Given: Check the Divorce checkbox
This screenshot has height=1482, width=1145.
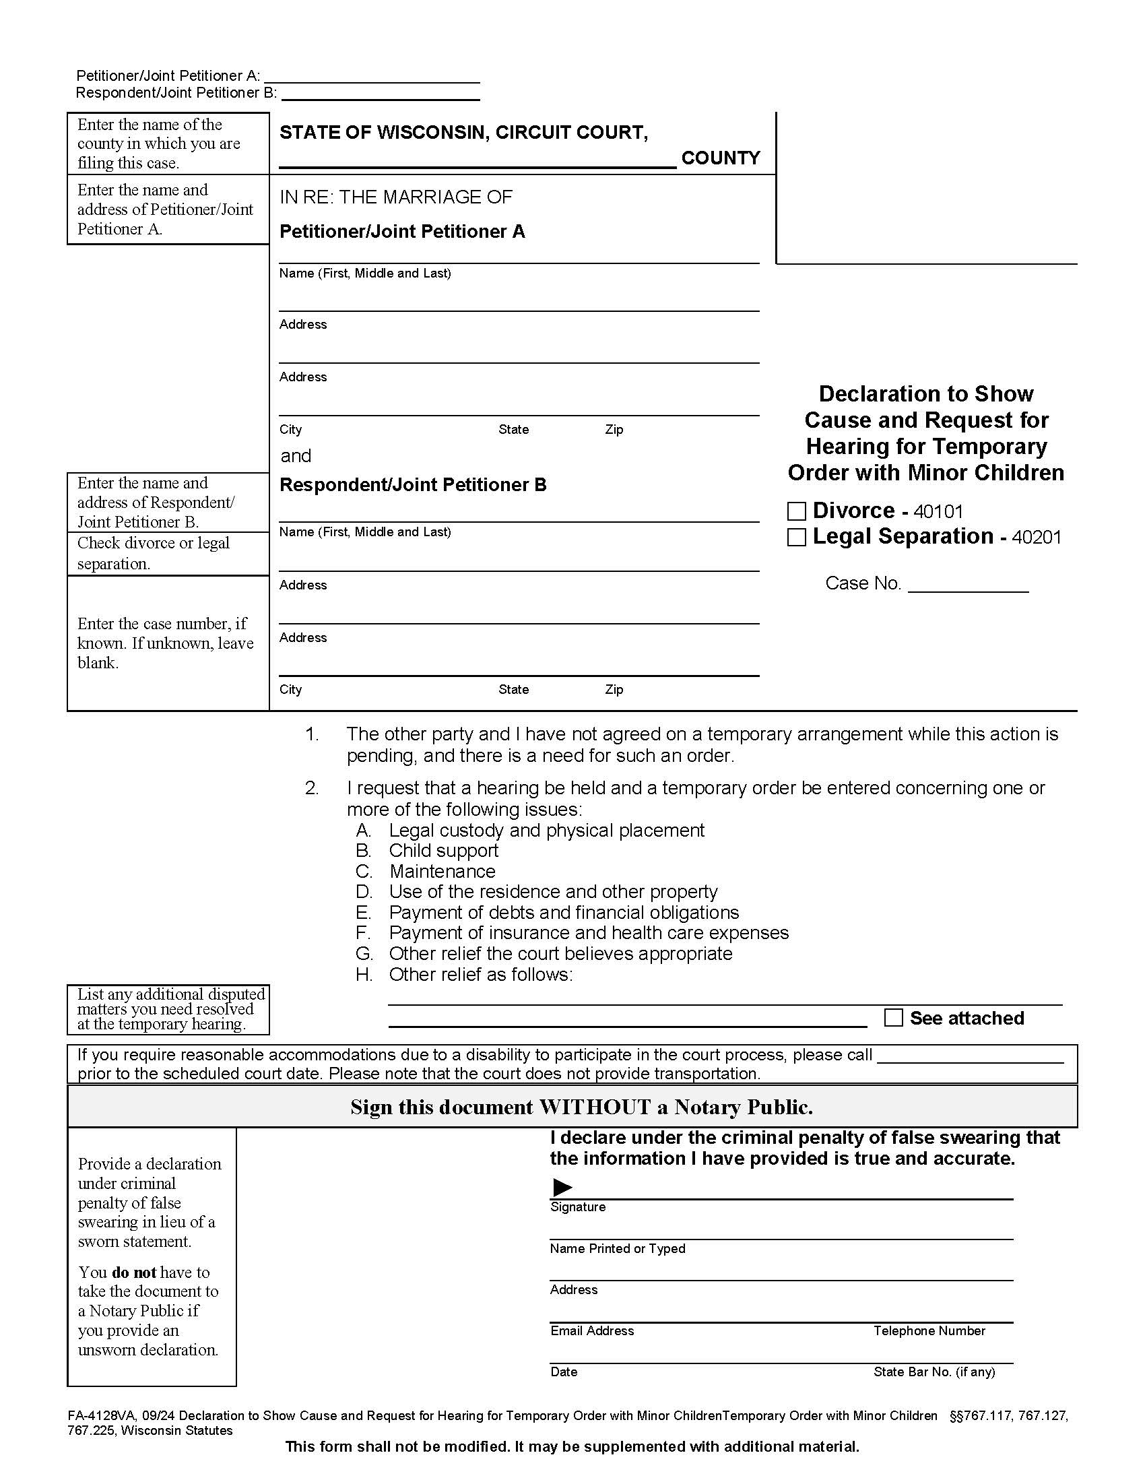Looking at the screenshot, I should click(796, 511).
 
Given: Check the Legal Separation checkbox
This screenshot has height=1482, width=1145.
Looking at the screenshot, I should click(796, 538).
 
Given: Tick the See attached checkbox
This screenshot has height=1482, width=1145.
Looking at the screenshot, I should click(893, 1018).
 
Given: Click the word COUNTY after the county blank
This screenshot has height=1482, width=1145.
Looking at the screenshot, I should click(721, 158).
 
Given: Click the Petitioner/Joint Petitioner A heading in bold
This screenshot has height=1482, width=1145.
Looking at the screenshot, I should click(402, 232).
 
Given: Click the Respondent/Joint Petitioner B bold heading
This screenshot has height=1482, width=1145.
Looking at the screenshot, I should click(412, 485).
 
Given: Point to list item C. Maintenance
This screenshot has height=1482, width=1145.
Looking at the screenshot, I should click(442, 871).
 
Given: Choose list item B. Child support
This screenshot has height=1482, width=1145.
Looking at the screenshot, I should click(443, 851).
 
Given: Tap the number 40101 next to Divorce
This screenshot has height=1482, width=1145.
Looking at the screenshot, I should click(938, 512).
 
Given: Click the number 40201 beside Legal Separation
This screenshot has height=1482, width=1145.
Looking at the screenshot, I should click(1037, 538).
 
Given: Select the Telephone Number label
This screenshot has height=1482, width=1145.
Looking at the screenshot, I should click(929, 1331).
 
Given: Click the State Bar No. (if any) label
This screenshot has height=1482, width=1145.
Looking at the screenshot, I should click(934, 1372).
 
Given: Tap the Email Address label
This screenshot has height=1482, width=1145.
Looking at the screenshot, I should click(591, 1331).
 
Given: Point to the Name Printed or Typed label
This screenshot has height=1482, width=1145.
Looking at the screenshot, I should click(617, 1248).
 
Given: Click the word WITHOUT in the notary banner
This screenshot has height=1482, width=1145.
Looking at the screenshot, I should click(594, 1107).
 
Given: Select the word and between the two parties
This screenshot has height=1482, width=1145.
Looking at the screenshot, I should click(296, 456).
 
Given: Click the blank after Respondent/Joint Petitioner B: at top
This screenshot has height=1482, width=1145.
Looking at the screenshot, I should click(381, 94).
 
